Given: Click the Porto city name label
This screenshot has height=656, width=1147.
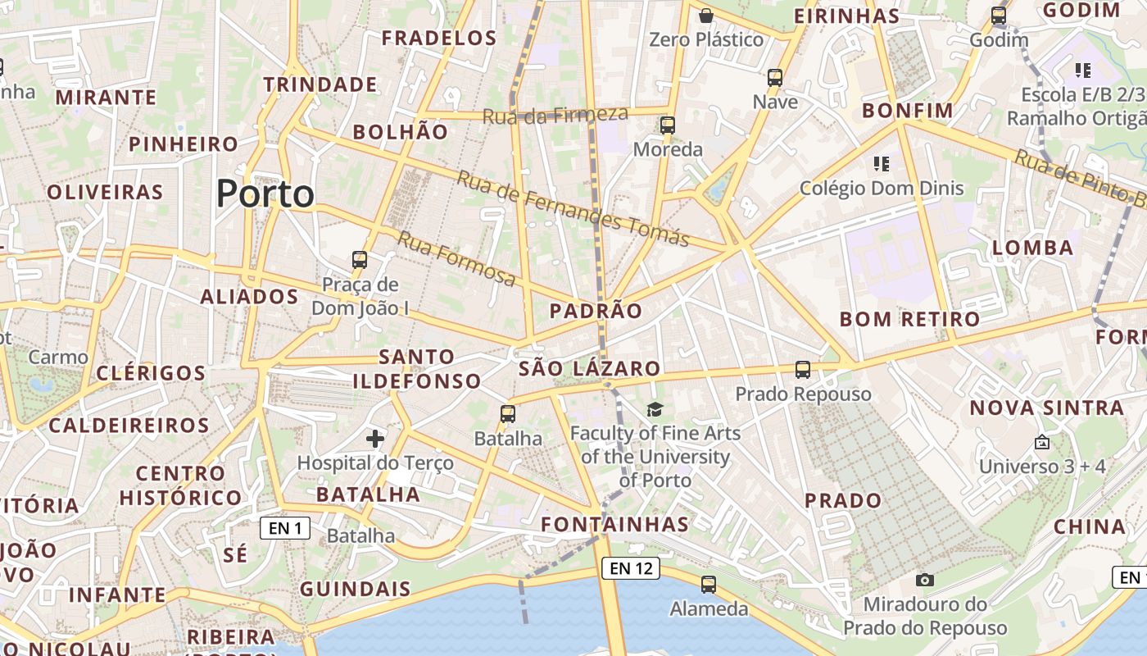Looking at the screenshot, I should point(265,194).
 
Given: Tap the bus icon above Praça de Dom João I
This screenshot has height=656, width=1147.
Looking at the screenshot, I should point(359,260).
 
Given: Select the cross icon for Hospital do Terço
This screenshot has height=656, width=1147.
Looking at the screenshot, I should point(375,439).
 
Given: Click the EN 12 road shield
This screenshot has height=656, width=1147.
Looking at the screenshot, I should point(630,567).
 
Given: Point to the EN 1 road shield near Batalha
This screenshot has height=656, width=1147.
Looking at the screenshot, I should point(285,528).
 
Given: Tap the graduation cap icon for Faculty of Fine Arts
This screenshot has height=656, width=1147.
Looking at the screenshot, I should point(655,409).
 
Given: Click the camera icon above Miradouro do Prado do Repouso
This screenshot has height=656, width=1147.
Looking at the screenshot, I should point(925,580).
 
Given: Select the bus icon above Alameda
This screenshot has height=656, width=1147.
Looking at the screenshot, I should point(709,585).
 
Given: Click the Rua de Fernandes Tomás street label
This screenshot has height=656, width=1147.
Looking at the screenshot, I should point(573,208).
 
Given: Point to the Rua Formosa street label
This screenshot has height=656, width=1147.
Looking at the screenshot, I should point(457,259).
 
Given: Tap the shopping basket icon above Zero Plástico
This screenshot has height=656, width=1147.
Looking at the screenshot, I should point(706,15).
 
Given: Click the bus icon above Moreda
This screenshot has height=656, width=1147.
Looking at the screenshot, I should point(668,125).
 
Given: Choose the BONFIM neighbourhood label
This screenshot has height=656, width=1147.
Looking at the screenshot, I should point(908,111).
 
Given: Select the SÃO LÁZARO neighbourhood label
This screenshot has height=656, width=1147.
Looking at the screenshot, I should point(589,369).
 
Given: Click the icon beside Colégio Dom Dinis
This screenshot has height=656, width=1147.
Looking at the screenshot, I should point(882,164).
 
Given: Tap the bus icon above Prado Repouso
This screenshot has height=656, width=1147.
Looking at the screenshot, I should point(803,370).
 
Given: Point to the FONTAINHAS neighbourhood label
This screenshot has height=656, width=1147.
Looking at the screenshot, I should point(614,524).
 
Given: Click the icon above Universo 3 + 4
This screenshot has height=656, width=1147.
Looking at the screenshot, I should point(1042,442).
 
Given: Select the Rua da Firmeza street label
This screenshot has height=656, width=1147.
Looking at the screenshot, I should point(555,116).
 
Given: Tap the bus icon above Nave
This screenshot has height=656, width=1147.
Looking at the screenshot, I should point(775,78).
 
